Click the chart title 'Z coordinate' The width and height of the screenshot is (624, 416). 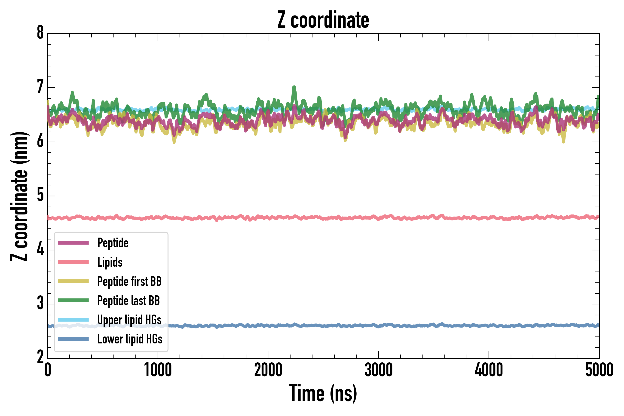(323, 20)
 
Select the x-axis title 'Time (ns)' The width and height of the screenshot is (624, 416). (323, 393)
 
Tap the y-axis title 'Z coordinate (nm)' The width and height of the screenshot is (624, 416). (19, 196)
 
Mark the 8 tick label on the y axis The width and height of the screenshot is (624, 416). (40, 33)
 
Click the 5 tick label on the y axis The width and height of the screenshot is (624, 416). (40, 196)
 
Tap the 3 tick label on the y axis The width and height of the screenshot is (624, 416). (40, 304)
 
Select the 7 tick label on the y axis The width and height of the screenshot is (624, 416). (40, 87)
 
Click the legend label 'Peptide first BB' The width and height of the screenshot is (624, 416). (129, 281)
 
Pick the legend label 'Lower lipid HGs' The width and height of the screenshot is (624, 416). (130, 339)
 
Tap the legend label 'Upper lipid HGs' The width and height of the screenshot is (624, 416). (129, 319)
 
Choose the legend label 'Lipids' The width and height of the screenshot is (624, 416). (110, 262)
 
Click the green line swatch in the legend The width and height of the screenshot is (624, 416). (73, 300)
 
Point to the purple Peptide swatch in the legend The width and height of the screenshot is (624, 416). (73, 243)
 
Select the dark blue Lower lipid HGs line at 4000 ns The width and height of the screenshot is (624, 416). (489, 326)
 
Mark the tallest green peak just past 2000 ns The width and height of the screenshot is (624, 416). (294, 88)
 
